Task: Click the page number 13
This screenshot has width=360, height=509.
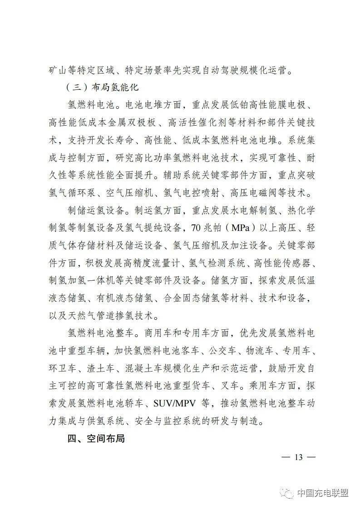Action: point(298,456)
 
